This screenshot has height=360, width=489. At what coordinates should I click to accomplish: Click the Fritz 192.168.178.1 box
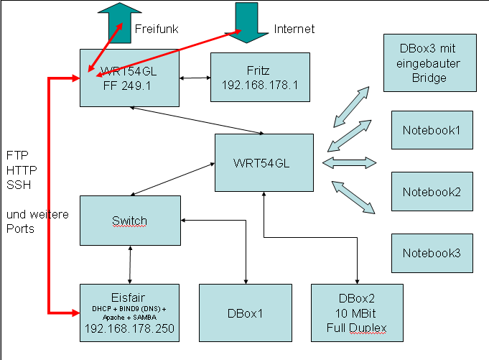click(260, 77)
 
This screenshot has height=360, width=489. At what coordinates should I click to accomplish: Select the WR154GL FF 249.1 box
click(129, 78)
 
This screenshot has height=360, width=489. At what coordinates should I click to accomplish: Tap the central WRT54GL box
click(264, 162)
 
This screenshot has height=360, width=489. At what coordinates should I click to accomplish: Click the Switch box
click(129, 220)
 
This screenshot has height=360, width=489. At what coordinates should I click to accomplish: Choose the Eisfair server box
click(129, 312)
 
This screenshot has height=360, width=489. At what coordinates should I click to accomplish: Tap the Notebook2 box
click(432, 191)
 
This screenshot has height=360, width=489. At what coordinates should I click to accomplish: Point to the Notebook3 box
click(432, 253)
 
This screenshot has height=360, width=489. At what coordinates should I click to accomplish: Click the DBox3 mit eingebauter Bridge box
click(429, 63)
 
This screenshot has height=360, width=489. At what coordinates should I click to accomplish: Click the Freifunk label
click(157, 29)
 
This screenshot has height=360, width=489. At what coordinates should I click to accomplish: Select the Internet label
click(294, 29)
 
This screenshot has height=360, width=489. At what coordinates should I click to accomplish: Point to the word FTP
click(16, 154)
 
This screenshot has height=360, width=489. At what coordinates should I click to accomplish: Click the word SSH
click(16, 184)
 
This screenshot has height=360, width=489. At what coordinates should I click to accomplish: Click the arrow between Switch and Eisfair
click(130, 264)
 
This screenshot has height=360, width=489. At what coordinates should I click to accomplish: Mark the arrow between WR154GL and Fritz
click(194, 77)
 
